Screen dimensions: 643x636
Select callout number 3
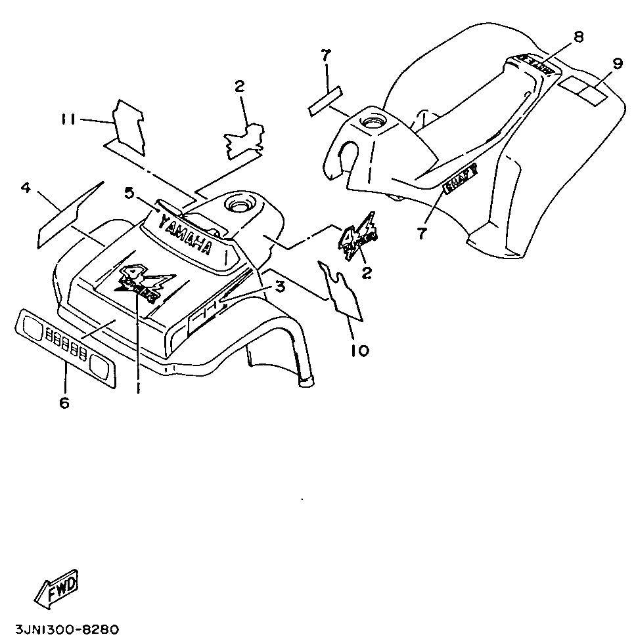coord(280,287)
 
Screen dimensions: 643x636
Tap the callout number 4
coord(26,188)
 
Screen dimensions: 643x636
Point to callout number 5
coord(129,192)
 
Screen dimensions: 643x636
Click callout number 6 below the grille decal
coord(64,403)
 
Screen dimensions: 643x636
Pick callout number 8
coord(578,37)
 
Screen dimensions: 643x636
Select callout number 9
coord(617,64)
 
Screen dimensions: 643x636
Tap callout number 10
coord(359,350)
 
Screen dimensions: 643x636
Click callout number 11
coord(68,119)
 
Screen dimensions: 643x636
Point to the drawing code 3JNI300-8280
coord(60,629)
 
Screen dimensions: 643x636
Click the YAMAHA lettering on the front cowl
coord(186,235)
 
